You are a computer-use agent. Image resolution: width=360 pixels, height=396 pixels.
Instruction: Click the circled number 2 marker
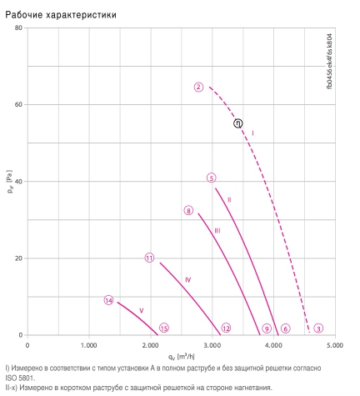pyautogui.click(x=198, y=87)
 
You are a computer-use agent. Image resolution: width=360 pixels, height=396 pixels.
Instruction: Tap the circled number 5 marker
pyautogui.click(x=212, y=178)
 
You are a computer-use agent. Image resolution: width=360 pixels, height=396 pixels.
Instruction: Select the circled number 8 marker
pyautogui.click(x=188, y=211)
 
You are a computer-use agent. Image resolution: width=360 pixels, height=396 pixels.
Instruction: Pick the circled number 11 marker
pyautogui.click(x=149, y=258)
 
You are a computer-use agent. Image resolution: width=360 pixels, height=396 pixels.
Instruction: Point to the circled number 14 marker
pyautogui.click(x=109, y=300)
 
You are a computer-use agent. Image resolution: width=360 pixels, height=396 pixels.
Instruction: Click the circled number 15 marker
pyautogui.click(x=164, y=328)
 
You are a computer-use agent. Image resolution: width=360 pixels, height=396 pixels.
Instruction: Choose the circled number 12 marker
pyautogui.click(x=226, y=328)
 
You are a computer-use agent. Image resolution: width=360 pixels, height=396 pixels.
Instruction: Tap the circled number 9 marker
pyautogui.click(x=267, y=328)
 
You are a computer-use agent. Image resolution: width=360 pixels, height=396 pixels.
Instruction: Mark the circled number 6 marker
pyautogui.click(x=285, y=328)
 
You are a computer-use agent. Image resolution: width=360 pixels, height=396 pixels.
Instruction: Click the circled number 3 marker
pyautogui.click(x=318, y=328)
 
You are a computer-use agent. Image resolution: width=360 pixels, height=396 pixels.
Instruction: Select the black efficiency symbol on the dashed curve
pyautogui.click(x=238, y=123)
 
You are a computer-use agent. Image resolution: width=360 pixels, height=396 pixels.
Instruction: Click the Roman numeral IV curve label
pyautogui.click(x=188, y=280)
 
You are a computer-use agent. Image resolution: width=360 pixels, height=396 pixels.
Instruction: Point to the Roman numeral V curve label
pyautogui.click(x=142, y=310)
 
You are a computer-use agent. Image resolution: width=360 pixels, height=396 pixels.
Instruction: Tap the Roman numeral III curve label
pyautogui.click(x=217, y=231)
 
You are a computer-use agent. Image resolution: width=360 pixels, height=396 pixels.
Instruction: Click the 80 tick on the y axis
pyautogui.click(x=18, y=28)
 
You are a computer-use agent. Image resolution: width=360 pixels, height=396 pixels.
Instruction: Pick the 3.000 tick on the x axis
pyautogui.click(x=212, y=345)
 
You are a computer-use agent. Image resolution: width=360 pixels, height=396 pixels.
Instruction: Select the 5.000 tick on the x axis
pyautogui.click(x=335, y=345)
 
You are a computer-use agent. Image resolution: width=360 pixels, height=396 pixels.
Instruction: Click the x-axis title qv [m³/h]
pyautogui.click(x=181, y=357)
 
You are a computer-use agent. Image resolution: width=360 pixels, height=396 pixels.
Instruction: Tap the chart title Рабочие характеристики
pyautogui.click(x=61, y=15)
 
